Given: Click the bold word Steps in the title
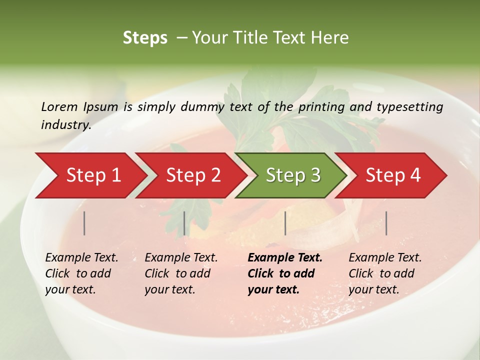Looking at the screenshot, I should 145,38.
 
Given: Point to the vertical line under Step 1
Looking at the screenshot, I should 84,223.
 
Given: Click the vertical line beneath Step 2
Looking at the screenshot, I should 184,223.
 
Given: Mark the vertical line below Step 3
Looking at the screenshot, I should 285,223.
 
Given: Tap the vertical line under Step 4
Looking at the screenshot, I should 386,223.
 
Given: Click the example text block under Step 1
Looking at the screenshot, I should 81,273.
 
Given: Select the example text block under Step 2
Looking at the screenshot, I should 180,273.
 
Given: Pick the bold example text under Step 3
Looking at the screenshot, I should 284,273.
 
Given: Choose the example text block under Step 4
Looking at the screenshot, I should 384,273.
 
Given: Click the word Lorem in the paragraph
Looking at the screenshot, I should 59,106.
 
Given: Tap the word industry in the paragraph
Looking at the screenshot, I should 65,125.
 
